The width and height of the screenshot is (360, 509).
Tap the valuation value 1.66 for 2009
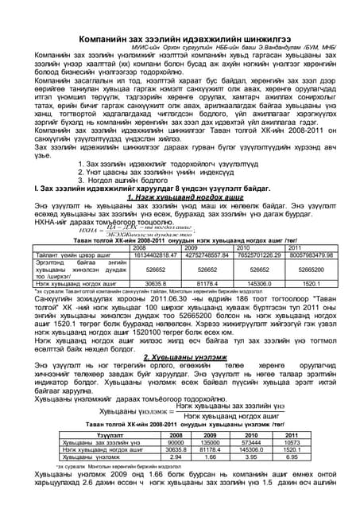point(211,457)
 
